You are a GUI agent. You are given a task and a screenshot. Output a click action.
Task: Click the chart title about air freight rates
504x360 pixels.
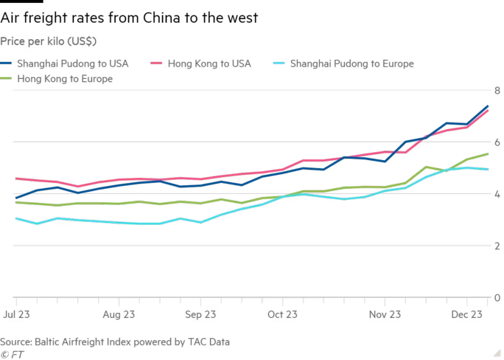click(x=129, y=18)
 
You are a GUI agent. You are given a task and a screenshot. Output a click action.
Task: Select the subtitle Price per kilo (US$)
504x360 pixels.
click(x=48, y=41)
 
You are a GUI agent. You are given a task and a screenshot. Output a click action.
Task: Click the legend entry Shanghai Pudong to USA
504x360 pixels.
click(x=64, y=64)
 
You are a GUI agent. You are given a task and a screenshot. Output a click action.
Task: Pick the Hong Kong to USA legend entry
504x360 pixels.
click(x=201, y=64)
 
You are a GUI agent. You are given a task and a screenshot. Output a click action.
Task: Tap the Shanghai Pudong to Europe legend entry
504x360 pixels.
click(x=343, y=64)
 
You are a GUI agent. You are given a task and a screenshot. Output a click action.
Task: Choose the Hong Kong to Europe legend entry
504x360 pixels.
click(x=57, y=79)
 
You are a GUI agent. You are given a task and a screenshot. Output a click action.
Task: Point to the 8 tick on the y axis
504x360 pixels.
click(x=497, y=91)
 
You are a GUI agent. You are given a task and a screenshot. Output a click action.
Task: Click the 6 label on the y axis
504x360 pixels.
click(x=497, y=142)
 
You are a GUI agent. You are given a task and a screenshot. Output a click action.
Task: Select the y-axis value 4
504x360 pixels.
click(x=497, y=194)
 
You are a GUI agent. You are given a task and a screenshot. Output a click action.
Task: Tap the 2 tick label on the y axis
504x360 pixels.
click(x=497, y=246)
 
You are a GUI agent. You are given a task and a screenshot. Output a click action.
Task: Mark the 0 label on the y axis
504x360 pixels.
click(x=497, y=298)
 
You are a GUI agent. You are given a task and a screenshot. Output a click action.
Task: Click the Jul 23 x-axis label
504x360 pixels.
click(x=16, y=314)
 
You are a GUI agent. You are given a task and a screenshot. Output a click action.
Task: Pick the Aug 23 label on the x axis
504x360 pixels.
click(x=119, y=314)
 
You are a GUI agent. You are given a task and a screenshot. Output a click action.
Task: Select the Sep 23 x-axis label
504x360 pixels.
click(x=200, y=314)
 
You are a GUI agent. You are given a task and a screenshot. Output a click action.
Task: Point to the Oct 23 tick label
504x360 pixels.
click(x=283, y=314)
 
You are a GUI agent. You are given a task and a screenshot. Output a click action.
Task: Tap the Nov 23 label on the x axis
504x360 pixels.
click(x=385, y=314)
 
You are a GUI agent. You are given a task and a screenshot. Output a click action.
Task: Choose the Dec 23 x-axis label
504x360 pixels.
click(x=466, y=314)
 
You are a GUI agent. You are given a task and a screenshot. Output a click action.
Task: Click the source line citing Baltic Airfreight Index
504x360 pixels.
click(x=115, y=342)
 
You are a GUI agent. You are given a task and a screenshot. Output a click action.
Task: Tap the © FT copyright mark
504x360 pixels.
click(x=12, y=354)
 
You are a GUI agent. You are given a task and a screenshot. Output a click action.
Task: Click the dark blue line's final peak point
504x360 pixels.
click(x=488, y=106)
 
